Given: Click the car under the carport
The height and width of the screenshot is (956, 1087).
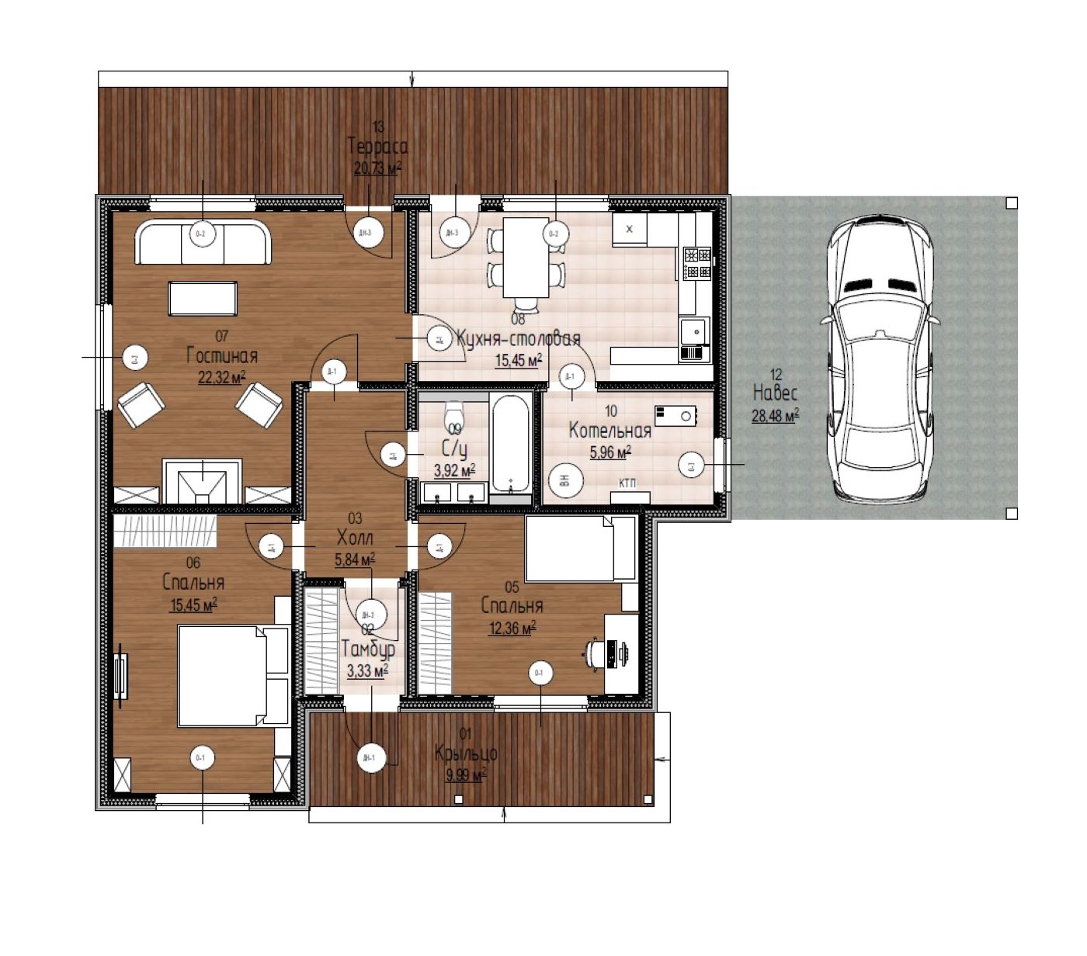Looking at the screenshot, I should point(880,360).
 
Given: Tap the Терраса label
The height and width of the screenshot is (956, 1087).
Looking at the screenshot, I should point(377,147).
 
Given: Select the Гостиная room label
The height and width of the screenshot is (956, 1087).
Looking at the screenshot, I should point(222,356).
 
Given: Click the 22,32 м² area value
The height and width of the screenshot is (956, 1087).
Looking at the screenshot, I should point(222,377).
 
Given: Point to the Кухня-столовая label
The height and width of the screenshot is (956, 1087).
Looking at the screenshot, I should point(518,339).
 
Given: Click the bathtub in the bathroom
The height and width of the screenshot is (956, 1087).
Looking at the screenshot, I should point(510,442).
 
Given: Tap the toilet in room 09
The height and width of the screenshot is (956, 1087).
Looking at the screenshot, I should point(454,412).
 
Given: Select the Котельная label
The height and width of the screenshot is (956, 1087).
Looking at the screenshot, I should point(609,431).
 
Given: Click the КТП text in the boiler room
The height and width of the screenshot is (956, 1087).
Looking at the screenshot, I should point(627,484).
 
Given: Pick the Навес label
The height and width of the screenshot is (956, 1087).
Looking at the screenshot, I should point(775,393).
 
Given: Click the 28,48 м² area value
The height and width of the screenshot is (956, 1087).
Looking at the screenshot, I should point(775,416).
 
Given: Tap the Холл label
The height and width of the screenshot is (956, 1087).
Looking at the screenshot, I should point(355,538).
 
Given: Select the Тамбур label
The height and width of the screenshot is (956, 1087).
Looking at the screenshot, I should point(368,649).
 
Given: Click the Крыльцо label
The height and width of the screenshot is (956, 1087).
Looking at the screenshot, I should point(466,753).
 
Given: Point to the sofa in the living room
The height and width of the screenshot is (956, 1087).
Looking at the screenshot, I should point(203,242).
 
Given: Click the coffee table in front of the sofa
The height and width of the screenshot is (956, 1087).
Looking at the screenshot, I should point(203,299).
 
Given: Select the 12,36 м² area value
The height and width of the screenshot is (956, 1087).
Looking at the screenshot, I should point(512,628).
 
